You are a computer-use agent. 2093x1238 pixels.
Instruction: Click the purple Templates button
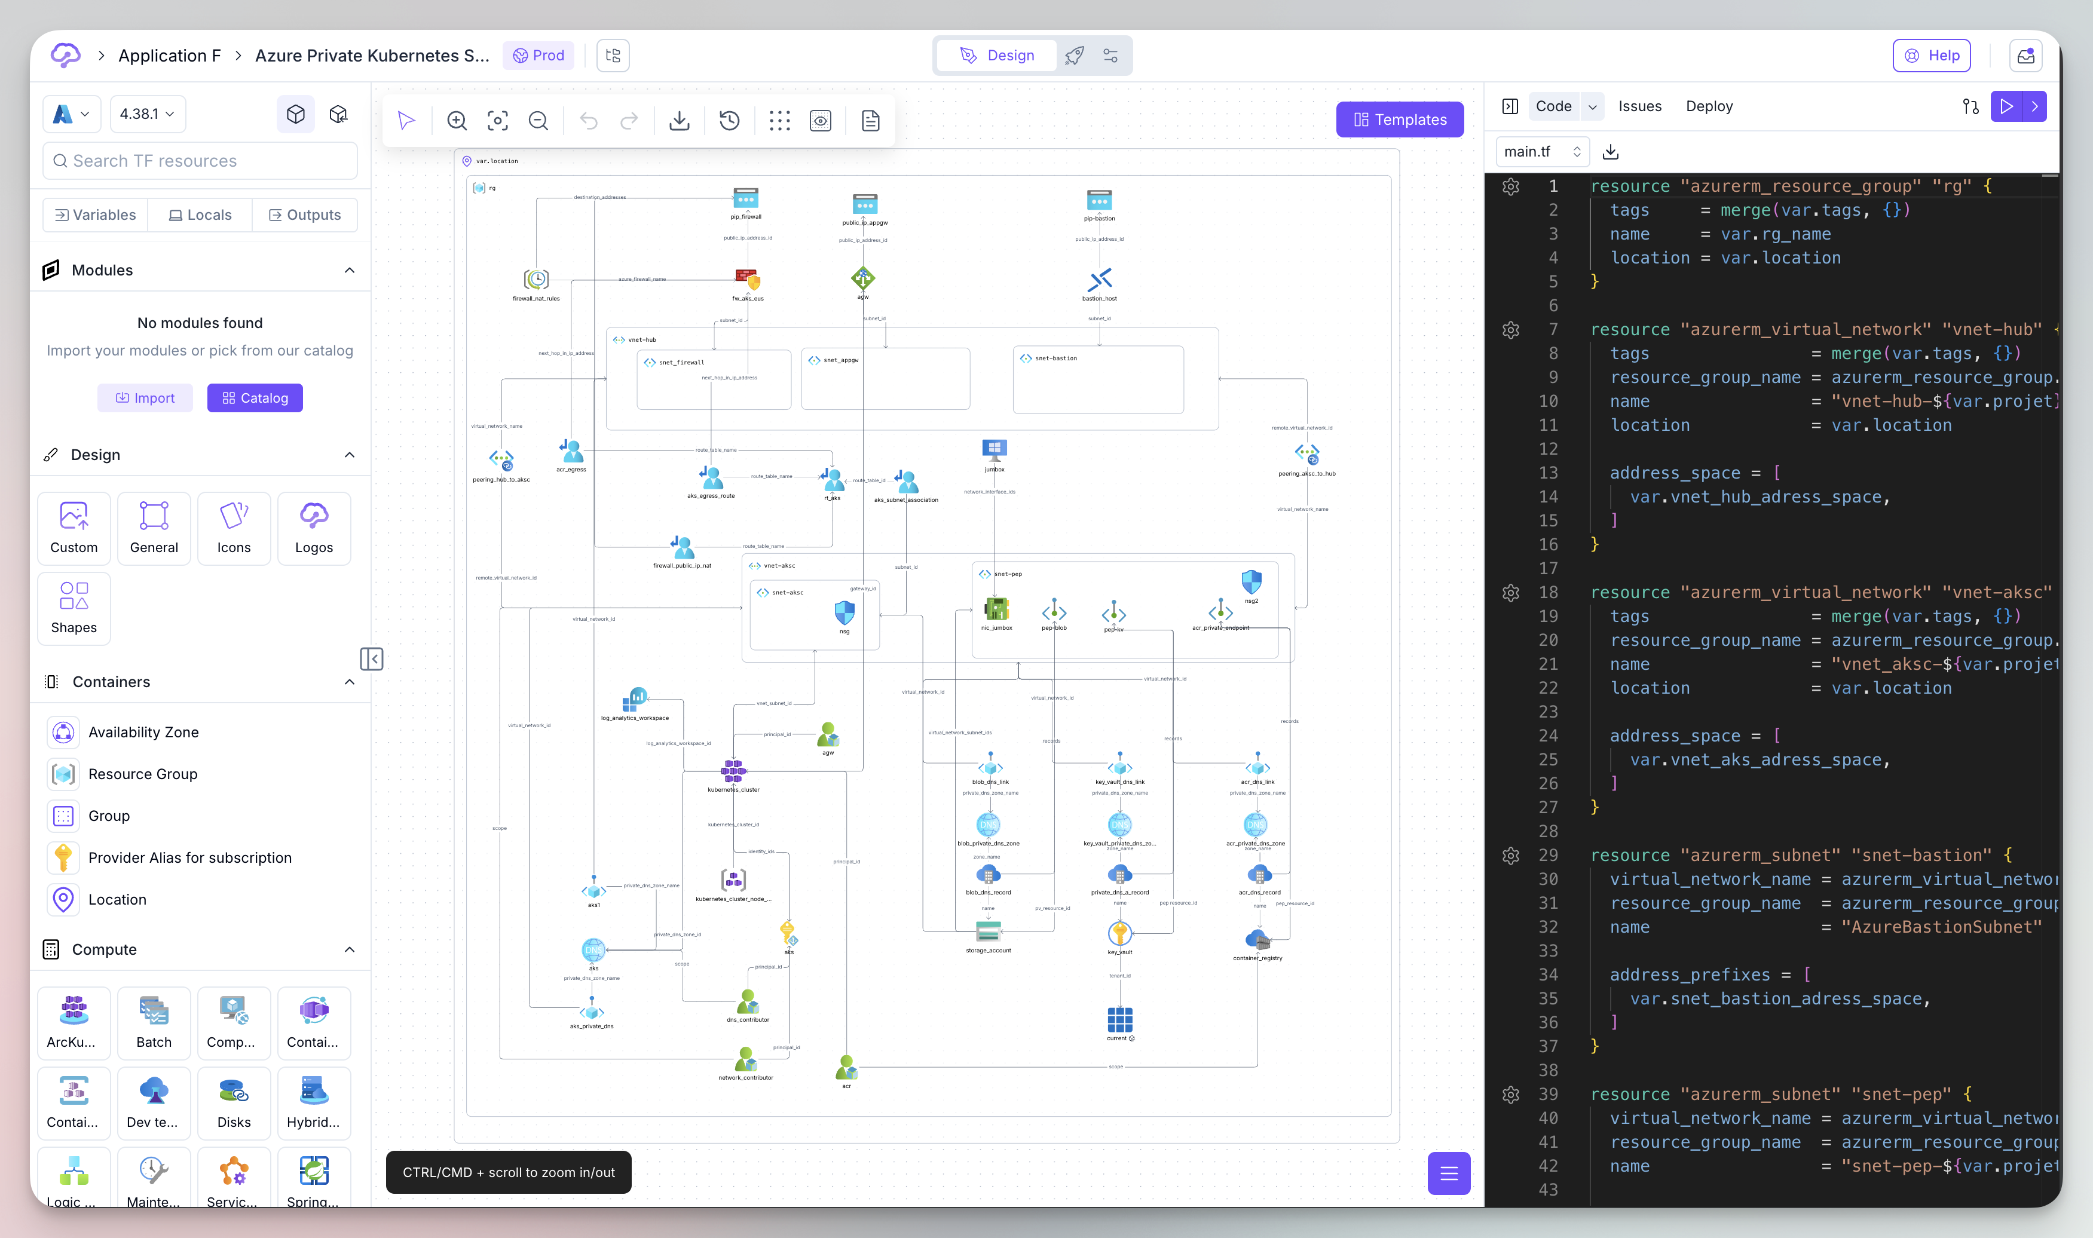click(1399, 119)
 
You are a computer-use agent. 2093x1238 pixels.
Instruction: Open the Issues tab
click(1639, 106)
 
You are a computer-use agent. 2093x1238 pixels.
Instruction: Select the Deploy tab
click(1709, 106)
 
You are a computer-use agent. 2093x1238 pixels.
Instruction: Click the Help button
click(1931, 55)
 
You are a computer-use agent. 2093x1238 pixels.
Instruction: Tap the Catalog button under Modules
click(255, 398)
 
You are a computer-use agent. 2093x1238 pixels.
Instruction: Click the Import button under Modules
click(145, 398)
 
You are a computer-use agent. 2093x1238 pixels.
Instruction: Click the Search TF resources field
click(200, 161)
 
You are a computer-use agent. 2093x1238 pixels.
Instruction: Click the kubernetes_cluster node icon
click(733, 771)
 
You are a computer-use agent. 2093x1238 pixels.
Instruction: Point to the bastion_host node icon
click(1100, 280)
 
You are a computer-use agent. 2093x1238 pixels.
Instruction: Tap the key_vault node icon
click(1119, 933)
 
